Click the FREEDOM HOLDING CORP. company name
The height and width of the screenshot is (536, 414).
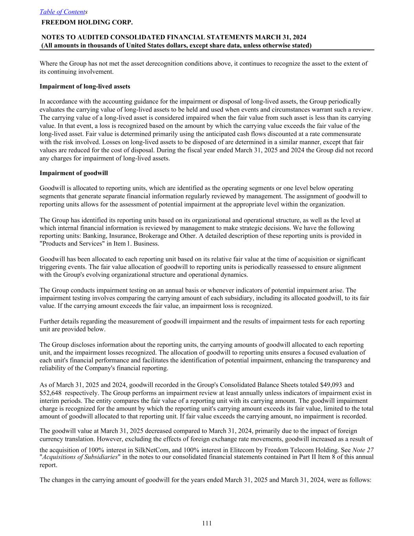coord(87,22)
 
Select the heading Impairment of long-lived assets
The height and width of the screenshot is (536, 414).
coord(85,86)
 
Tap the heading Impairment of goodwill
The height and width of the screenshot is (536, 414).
coord(74,173)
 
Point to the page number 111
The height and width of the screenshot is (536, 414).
coord(207,523)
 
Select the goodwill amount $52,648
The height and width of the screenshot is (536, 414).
coord(51,393)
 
